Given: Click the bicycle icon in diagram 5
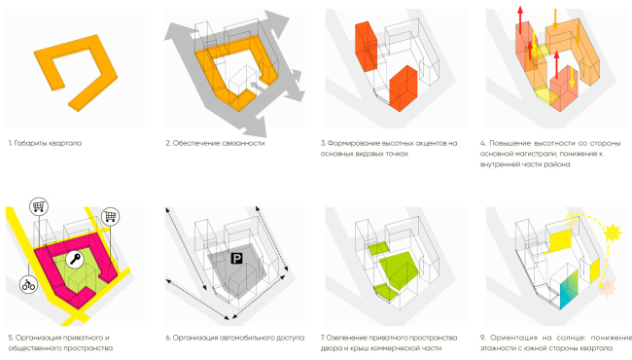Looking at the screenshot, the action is tap(28, 285).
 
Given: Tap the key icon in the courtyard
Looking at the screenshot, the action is tap(75, 259).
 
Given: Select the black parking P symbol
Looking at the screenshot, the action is tap(236, 259).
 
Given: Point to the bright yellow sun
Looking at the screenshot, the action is tap(612, 233).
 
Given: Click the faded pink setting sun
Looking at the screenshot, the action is tap(608, 289).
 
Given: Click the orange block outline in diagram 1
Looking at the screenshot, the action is tap(76, 73).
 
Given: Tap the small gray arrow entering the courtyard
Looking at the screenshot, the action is tap(258, 87).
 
